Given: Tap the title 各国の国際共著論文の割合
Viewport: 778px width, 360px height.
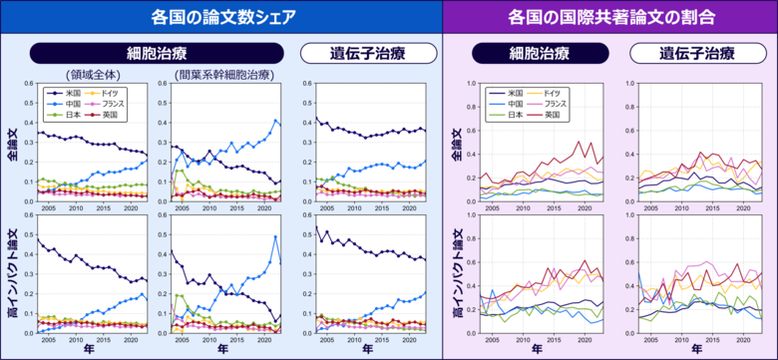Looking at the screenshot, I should coord(611,17).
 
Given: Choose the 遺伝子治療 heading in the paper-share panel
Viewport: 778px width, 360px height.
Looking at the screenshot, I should coord(368,53).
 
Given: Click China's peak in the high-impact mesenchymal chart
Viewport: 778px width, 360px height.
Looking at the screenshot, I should coord(274,237).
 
